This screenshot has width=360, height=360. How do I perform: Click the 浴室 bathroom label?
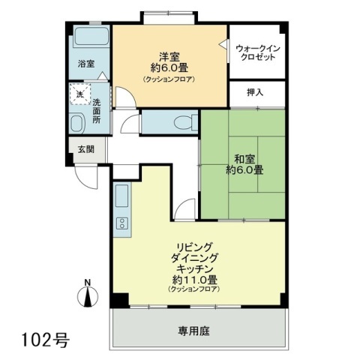point(86,64)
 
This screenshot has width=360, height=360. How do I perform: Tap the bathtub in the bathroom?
point(91,37)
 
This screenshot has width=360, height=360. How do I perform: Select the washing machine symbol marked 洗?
point(80,94)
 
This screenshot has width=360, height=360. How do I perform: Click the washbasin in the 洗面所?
point(76,123)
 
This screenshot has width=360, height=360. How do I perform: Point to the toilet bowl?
point(184,123)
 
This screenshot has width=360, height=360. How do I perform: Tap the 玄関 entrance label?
point(86,149)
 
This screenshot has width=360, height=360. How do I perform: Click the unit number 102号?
point(46,340)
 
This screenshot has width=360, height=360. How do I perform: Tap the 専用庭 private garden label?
point(193,331)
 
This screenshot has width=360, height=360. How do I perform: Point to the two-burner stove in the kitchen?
point(122,223)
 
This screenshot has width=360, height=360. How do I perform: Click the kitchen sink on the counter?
point(122,196)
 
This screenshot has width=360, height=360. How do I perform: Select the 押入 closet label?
point(255,92)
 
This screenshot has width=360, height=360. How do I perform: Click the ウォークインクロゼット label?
point(257,52)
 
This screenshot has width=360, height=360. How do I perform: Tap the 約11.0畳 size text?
point(195,280)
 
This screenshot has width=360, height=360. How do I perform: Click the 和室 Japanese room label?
point(244,158)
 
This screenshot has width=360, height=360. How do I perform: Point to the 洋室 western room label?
point(169,56)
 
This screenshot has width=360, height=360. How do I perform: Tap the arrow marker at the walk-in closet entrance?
point(223,45)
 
